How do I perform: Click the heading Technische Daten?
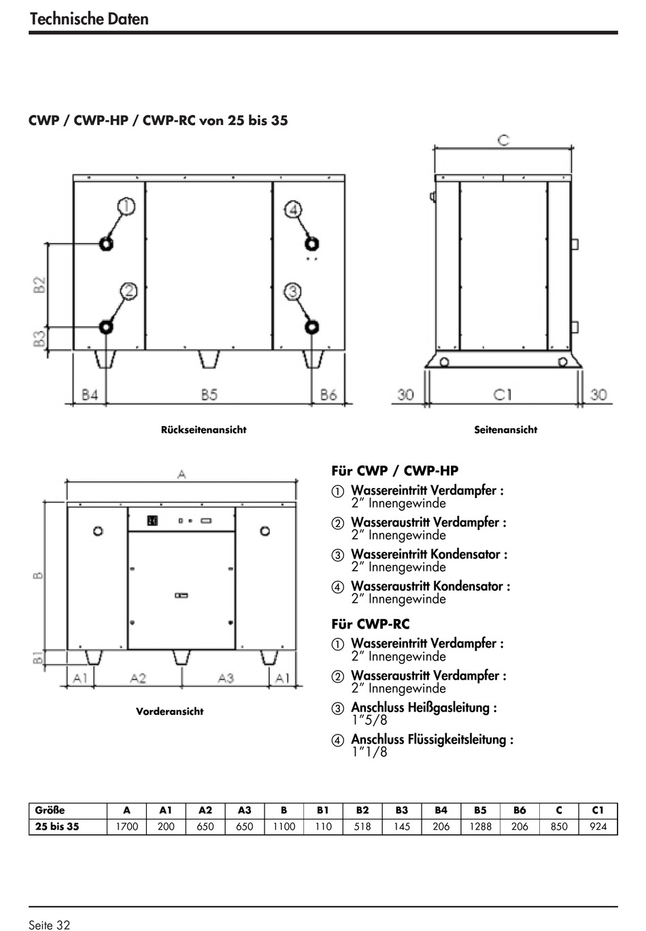[89, 18]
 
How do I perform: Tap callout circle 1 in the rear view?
[126, 206]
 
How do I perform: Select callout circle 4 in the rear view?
[293, 209]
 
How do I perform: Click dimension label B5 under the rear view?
[209, 394]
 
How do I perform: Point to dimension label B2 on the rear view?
[39, 283]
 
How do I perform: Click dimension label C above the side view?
[503, 140]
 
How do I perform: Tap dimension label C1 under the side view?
[503, 394]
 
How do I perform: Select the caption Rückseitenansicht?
[203, 429]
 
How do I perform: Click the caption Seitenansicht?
[505, 429]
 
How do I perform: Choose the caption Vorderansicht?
[169, 712]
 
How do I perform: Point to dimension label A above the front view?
[182, 474]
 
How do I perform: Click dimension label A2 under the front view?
[138, 678]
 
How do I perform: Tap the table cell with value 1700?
[126, 827]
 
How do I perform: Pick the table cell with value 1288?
[480, 827]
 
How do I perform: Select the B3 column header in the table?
[401, 810]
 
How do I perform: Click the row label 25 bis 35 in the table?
[57, 827]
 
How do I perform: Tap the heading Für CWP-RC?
[371, 624]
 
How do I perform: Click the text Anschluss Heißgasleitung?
[424, 707]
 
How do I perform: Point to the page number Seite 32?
[49, 924]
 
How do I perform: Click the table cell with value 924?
[598, 827]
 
